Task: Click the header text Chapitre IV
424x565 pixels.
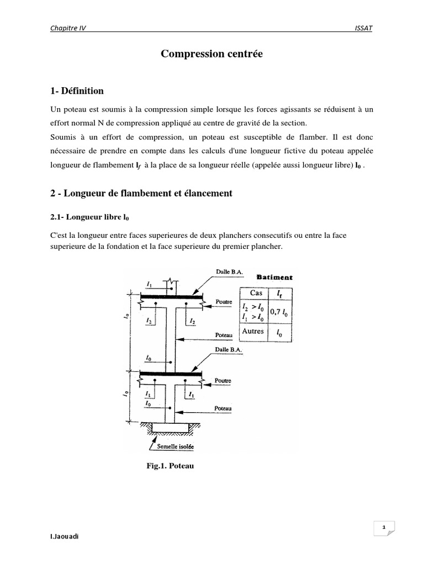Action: coord(67,28)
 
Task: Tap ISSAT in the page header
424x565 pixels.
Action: coord(363,28)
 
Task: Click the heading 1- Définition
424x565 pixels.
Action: coord(77,90)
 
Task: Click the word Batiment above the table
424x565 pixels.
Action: coord(275,277)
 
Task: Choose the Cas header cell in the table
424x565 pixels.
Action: coord(256,293)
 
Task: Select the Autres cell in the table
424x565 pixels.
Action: coord(254,332)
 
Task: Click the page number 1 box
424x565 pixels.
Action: coord(383,527)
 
